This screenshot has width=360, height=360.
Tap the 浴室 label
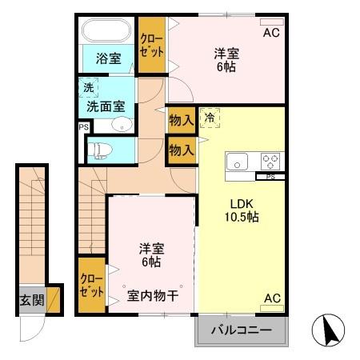(109, 58)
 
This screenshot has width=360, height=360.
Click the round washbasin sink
(122, 124)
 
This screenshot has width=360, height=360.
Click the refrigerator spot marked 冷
(208, 118)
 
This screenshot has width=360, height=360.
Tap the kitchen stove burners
(269, 160)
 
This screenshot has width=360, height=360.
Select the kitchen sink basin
(239, 161)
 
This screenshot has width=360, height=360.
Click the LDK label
(240, 202)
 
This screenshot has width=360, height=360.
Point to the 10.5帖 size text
(240, 216)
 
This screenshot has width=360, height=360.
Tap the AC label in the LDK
(272, 298)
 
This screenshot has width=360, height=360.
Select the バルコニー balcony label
(241, 330)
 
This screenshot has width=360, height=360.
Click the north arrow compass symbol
(333, 330)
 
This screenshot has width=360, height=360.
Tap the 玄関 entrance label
(32, 302)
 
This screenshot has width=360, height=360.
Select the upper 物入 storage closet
(181, 120)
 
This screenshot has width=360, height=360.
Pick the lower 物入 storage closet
(181, 149)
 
